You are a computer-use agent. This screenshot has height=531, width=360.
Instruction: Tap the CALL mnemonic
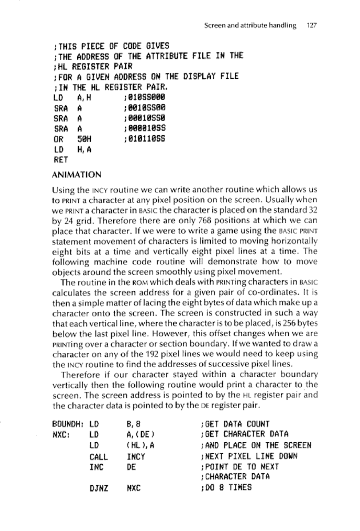[99, 457]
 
